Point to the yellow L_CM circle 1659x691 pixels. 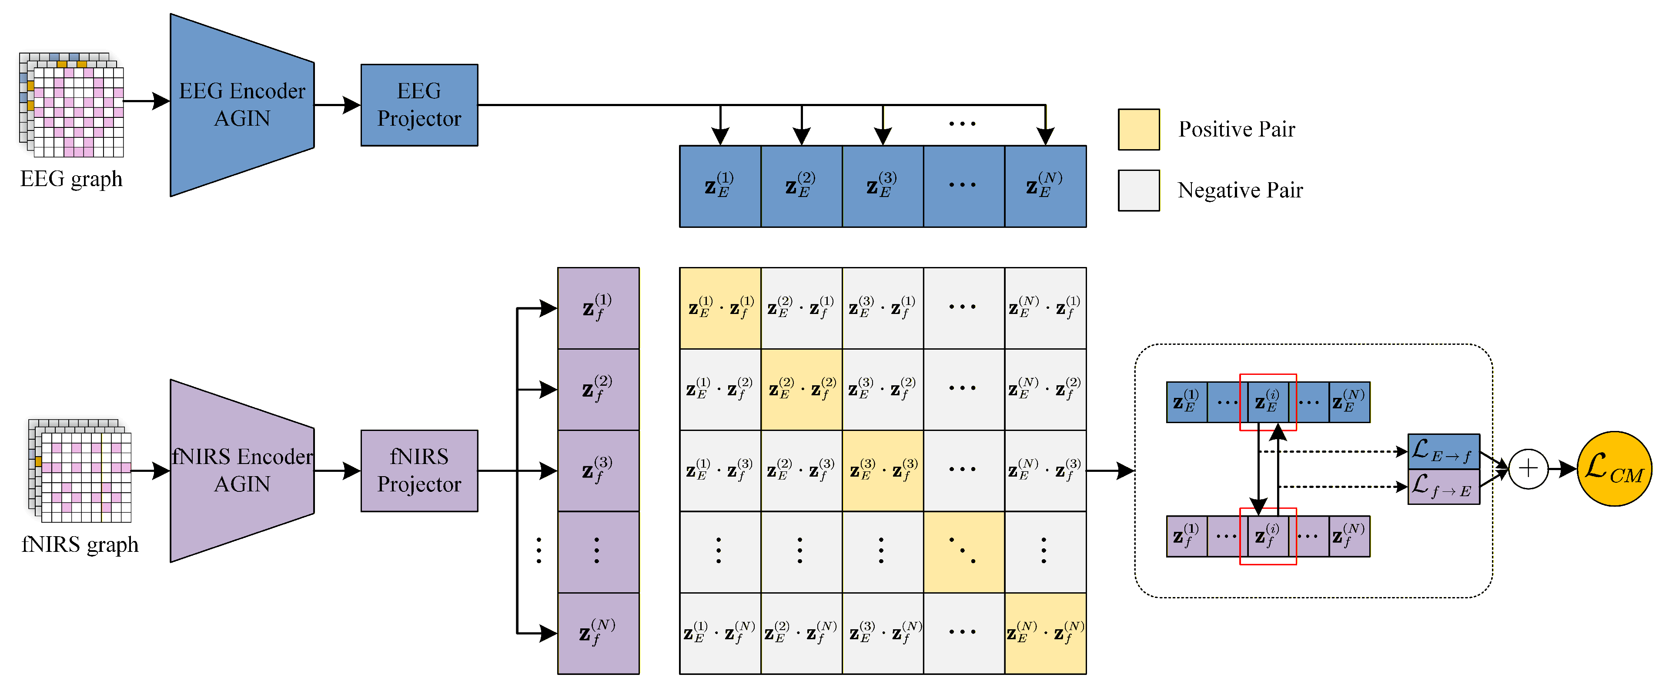tap(1614, 469)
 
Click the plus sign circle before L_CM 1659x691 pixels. tap(1528, 469)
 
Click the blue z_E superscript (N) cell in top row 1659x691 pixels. tap(1045, 186)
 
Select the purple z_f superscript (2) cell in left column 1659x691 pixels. tap(598, 390)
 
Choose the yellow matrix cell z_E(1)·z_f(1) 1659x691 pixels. tap(720, 308)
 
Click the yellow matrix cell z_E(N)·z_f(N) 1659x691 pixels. tap(1045, 634)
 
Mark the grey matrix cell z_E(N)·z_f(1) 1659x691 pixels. tap(1045, 308)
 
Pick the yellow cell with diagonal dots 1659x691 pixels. tap(963, 552)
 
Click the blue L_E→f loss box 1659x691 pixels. tap(1443, 451)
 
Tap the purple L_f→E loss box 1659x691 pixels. tap(1443, 487)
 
